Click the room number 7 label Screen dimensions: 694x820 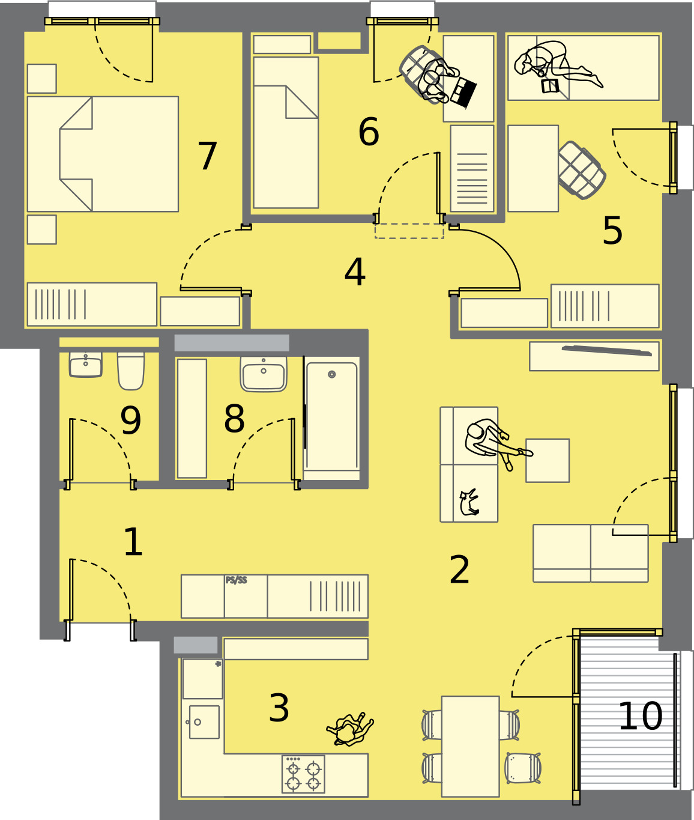207,156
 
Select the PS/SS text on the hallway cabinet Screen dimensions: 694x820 236,580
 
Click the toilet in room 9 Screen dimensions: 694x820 130,371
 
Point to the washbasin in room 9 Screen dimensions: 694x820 86,364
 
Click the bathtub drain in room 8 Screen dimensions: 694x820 332,374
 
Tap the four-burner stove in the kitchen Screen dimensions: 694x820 303,774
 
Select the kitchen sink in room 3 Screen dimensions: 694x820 204,722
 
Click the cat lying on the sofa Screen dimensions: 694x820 469,503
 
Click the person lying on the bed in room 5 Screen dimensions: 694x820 558,65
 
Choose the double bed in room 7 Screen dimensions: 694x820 103,154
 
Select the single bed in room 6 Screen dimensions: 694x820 286,132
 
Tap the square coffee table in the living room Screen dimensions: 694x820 548,461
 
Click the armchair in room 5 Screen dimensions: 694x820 582,170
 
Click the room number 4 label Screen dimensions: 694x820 355,272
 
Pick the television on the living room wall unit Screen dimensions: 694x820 607,350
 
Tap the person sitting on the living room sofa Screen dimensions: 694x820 496,443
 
